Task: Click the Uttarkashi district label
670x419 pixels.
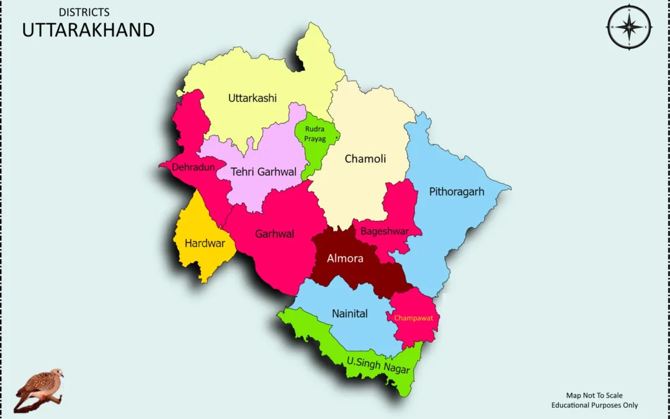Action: [x=252, y=98]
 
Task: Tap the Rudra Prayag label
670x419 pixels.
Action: [x=315, y=134]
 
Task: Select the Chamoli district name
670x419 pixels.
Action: [x=365, y=159]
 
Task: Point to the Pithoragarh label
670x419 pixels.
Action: [x=457, y=191]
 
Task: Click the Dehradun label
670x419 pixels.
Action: [x=194, y=167]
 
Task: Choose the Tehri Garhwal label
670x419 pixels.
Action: [x=264, y=171]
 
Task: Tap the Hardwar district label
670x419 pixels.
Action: [x=205, y=243]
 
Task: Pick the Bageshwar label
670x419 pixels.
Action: [x=385, y=232]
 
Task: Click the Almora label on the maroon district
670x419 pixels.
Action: [x=345, y=258]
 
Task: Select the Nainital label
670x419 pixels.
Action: [x=349, y=313]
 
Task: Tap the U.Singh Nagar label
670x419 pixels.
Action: [x=378, y=364]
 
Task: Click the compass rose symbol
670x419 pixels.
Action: [x=629, y=27]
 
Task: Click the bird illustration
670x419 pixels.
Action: [x=38, y=389]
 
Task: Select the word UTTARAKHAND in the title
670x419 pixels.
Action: [x=88, y=30]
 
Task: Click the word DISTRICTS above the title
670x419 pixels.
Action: [x=84, y=12]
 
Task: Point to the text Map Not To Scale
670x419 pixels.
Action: [x=594, y=395]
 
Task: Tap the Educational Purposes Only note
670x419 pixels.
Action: [x=594, y=405]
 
